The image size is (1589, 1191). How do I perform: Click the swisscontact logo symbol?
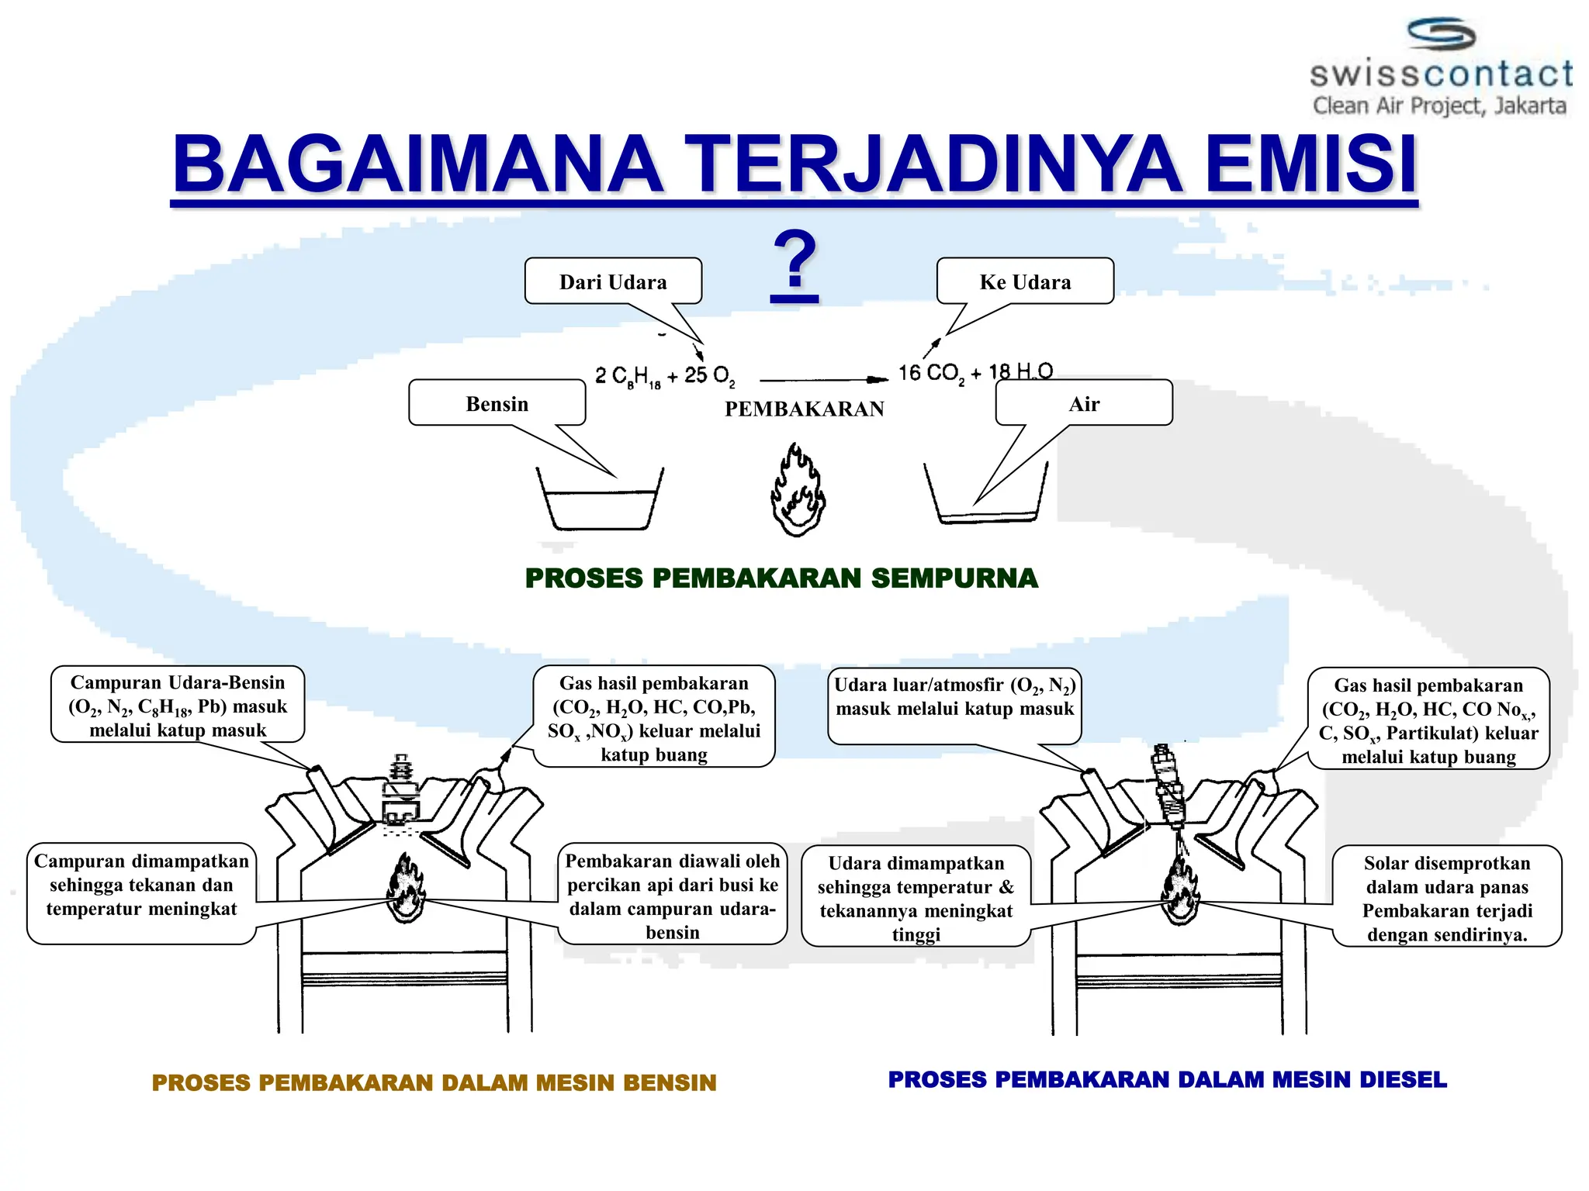(1441, 36)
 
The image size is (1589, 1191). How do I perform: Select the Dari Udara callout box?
(613, 281)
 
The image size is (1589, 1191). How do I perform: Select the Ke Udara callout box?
(1025, 281)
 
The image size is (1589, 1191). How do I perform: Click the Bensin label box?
(497, 403)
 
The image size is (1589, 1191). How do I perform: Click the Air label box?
(1084, 403)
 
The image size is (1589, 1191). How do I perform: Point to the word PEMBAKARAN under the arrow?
(804, 409)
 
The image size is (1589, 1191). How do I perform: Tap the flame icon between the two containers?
(798, 491)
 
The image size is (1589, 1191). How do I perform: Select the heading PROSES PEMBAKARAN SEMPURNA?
(781, 578)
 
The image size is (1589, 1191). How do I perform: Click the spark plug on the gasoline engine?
(401, 791)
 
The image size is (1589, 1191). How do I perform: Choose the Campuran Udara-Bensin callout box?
(178, 705)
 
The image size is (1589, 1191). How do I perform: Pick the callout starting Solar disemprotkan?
(1446, 897)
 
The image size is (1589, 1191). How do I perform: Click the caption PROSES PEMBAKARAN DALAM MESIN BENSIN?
(434, 1083)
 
